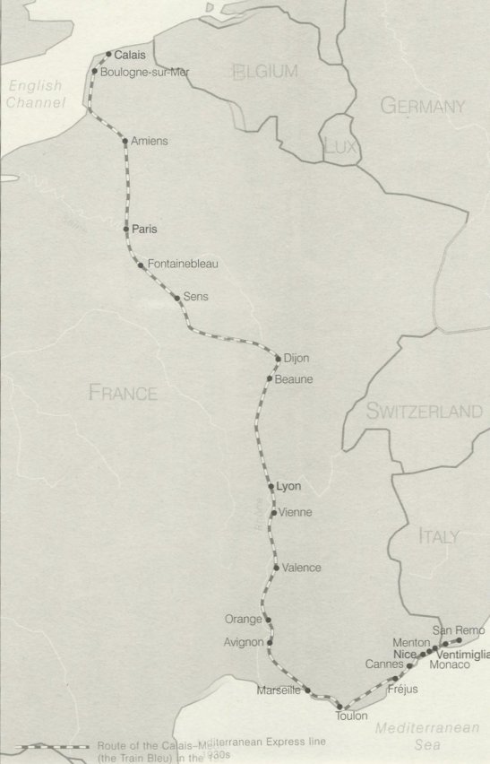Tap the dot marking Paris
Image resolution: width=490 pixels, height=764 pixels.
[x=126, y=230]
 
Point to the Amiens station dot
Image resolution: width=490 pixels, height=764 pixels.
[x=125, y=141]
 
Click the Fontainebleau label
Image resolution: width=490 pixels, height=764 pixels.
[x=183, y=264]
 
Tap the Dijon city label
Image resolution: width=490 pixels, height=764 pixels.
[x=296, y=359]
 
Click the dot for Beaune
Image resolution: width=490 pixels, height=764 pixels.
[x=269, y=379]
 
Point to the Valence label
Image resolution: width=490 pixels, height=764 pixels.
[x=301, y=568]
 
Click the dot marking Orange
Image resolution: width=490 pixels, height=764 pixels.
[x=267, y=620]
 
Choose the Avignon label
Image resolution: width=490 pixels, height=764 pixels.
[x=245, y=642]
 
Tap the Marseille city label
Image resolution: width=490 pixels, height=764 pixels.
[x=277, y=690]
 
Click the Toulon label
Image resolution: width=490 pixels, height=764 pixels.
[x=352, y=716]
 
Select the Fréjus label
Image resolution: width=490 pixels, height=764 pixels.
[x=404, y=690]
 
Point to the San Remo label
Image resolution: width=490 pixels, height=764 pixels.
[x=464, y=631]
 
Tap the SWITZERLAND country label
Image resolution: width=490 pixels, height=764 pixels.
[x=424, y=412]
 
